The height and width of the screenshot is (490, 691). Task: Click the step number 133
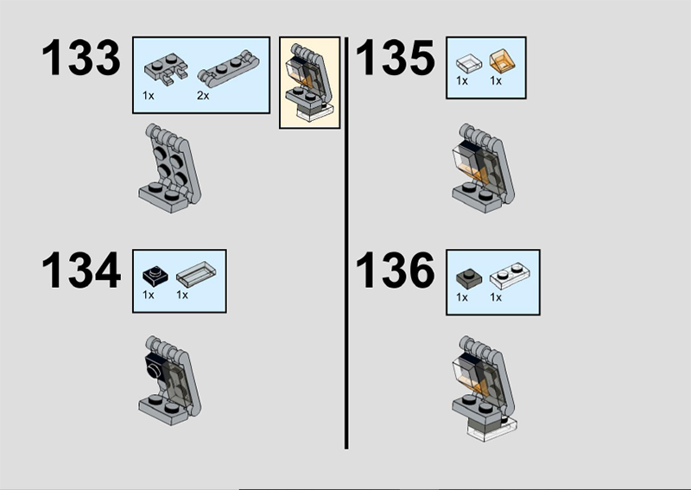80,58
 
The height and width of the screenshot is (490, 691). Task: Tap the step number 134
80,270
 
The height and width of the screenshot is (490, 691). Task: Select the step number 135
396,58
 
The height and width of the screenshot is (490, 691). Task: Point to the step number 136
396,270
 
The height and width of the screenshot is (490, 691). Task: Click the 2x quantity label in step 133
203,95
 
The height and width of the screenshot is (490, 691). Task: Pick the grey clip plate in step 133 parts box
166,68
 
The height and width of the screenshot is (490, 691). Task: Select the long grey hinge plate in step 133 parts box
228,68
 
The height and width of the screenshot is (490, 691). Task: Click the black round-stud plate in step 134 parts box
155,275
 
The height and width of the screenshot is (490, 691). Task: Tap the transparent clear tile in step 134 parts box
197,272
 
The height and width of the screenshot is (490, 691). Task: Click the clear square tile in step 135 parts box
469,62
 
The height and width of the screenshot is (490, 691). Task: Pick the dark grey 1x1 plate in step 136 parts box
469,278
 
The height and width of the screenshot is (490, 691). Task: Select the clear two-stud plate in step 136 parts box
510,276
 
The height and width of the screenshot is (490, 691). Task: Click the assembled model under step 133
170,169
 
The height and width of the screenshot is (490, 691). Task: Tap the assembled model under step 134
170,380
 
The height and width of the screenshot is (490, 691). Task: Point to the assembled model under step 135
484,169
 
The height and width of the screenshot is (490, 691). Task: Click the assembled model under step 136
485,388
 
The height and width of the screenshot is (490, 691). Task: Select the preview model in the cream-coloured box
310,83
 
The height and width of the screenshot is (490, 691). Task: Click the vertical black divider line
346,243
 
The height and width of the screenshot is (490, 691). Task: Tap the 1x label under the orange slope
496,80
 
